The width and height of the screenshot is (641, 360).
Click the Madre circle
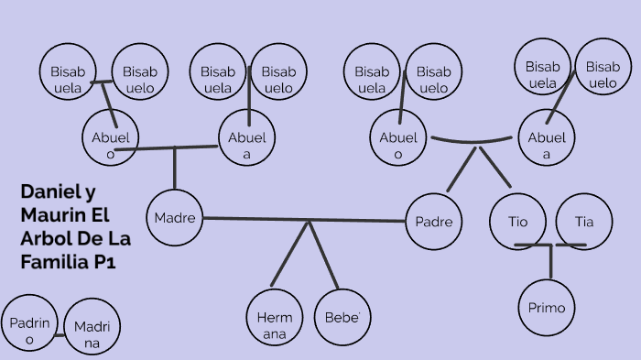tap(174, 218)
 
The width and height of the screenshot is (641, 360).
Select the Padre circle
tap(433, 222)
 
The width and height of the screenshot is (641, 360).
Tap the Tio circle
tap(518, 222)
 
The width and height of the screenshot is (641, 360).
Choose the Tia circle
tap(584, 222)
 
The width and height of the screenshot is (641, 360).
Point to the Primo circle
tap(547, 308)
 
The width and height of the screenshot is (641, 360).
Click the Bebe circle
tap(342, 318)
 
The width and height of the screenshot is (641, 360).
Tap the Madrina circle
tap(92, 329)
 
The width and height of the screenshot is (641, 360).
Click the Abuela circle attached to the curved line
tap(547, 138)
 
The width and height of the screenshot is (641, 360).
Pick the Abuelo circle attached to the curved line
tap(398, 138)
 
